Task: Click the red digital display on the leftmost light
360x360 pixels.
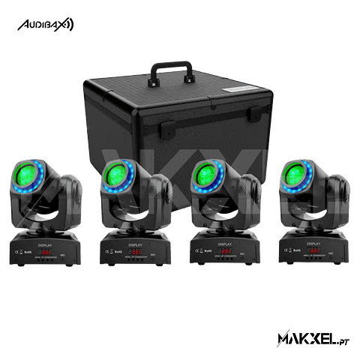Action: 46,253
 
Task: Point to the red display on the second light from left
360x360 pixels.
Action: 136,253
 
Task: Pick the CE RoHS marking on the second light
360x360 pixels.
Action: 112,253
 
